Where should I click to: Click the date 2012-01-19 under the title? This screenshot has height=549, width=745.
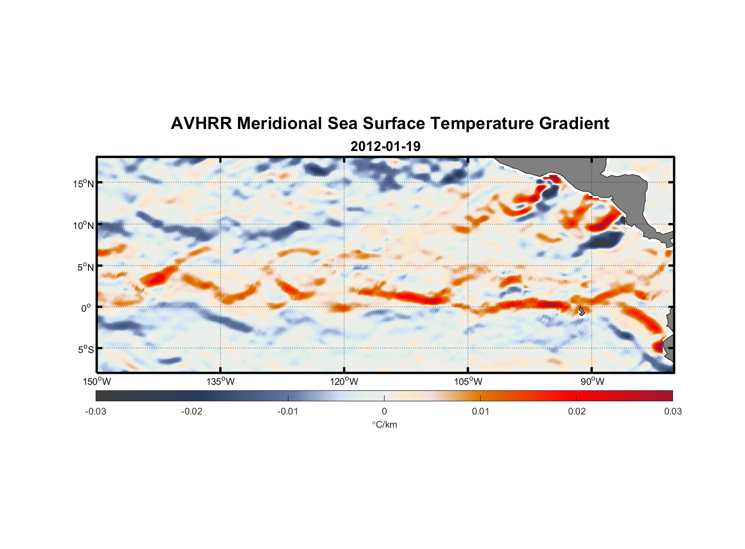385,147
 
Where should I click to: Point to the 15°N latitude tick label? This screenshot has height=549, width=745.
84,183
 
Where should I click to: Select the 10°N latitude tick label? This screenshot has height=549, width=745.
84,225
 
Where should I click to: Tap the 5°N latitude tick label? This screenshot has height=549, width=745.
86,267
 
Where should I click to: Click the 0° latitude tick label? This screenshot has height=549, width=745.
86,308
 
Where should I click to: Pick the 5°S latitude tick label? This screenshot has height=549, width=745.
86,349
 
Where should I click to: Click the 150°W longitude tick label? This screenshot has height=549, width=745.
97,382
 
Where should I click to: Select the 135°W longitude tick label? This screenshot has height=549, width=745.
221,382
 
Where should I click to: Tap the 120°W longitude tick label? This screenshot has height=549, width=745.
344,382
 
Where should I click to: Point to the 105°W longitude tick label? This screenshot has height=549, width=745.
468,382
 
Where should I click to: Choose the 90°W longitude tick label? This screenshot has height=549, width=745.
592,382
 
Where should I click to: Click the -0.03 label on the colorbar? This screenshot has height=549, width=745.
96,411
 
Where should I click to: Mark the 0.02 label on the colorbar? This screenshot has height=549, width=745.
577,411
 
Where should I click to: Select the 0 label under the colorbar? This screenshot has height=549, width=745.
384,411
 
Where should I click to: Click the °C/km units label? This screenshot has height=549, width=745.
384,424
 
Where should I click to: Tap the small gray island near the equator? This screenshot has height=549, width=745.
581,311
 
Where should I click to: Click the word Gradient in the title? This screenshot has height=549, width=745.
574,124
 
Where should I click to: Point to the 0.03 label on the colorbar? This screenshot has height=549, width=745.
672,411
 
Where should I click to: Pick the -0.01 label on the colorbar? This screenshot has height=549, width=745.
288,411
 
